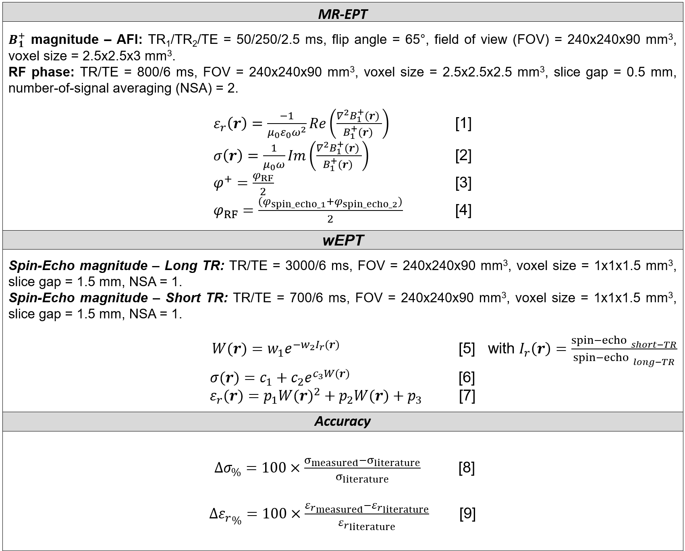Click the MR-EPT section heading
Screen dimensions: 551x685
[x=342, y=14]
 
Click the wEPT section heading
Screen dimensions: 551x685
[x=342, y=240]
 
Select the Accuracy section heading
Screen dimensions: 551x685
[x=342, y=421]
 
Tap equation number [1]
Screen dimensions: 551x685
[x=463, y=123]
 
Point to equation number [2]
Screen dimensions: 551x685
[x=463, y=155]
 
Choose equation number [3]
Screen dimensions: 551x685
[x=463, y=183]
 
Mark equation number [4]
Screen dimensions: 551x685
[x=463, y=210]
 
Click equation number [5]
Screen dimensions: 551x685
[x=467, y=349]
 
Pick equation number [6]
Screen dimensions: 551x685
[x=467, y=377]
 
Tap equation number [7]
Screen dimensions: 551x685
[x=467, y=396]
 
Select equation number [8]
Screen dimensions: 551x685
[x=467, y=468]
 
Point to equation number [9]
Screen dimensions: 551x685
[x=467, y=514]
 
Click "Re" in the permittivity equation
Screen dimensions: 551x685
[x=318, y=124]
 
